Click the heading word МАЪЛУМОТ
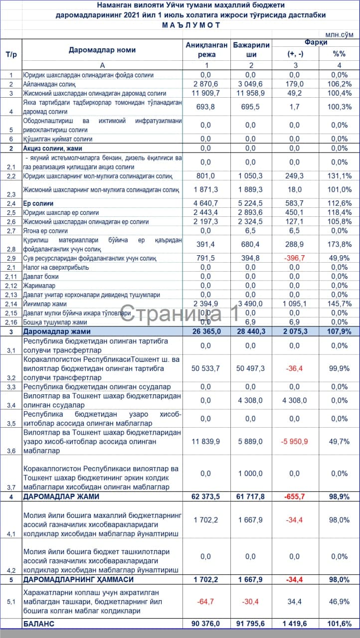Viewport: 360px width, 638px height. pos(190,25)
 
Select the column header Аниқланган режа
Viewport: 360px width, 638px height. pos(207,49)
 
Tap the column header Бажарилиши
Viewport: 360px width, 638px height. pos(251,49)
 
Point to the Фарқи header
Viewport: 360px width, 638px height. pos(316,42)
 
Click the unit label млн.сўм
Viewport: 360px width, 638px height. pos(339,35)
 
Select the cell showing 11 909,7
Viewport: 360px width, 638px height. pos(205,93)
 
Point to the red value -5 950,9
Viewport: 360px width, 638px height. pos(294,441)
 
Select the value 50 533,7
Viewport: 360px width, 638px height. pos(205,368)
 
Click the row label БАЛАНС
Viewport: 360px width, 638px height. pos(38,624)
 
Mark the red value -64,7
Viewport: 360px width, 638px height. pos(205,602)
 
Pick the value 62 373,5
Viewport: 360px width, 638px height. pos(205,497)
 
